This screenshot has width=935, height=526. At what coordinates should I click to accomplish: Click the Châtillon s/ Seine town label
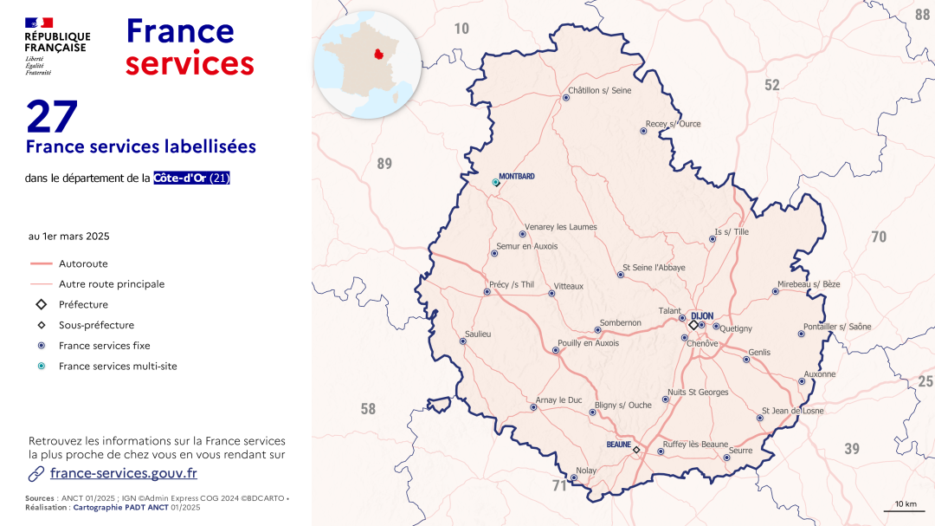tap(599, 90)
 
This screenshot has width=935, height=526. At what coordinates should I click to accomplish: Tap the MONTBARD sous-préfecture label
tap(517, 177)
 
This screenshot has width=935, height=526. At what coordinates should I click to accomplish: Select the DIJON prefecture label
tap(702, 316)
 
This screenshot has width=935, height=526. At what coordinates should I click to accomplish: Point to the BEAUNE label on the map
tap(618, 445)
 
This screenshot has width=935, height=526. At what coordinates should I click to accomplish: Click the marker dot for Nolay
tap(573, 477)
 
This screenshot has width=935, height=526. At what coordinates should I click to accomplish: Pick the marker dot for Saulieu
tap(462, 341)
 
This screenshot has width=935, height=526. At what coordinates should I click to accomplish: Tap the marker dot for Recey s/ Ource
tap(643, 131)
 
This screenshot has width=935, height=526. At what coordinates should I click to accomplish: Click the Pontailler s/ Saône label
tap(837, 327)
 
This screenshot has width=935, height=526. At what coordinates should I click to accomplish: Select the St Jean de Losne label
tap(792, 411)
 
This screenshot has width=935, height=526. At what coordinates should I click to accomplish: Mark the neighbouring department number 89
tap(384, 163)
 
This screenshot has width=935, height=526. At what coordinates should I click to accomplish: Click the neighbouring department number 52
tap(771, 85)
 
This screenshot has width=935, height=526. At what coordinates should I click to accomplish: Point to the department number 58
tap(368, 409)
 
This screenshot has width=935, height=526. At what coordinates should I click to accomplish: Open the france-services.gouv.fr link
tap(123, 473)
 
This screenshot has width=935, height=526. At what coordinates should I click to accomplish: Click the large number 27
tap(52, 116)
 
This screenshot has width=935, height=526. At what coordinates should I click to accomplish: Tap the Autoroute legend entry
tap(83, 263)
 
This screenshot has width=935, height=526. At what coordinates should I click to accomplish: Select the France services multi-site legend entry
tap(118, 367)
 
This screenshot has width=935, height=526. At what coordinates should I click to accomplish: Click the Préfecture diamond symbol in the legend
tap(41, 305)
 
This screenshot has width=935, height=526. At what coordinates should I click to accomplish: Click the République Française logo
tap(56, 45)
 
